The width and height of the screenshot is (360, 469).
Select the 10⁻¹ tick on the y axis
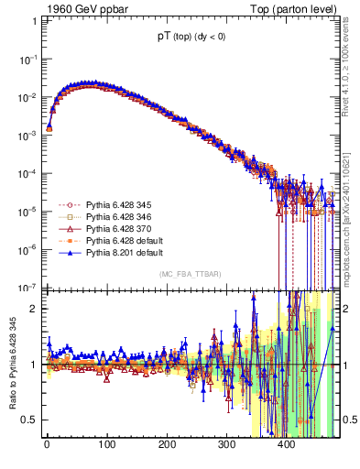pos(28,59)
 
